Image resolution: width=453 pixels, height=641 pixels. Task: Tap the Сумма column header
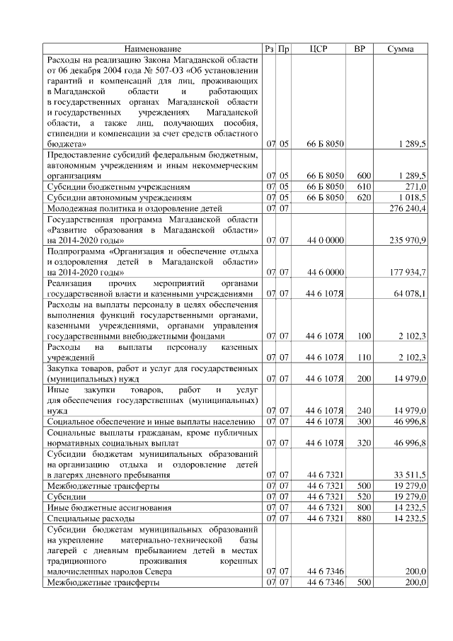click(401, 49)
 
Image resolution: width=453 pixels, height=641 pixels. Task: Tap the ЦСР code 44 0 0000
click(325, 241)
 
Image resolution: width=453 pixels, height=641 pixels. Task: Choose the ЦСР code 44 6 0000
click(325, 272)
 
